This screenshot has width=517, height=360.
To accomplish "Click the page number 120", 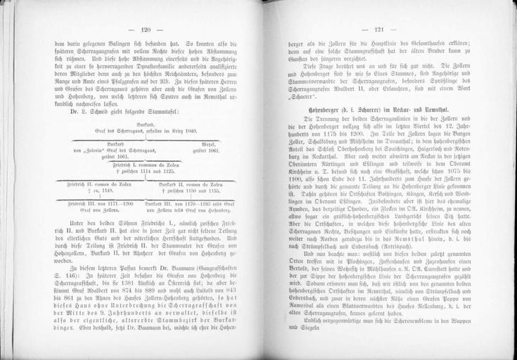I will pos(146,30).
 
